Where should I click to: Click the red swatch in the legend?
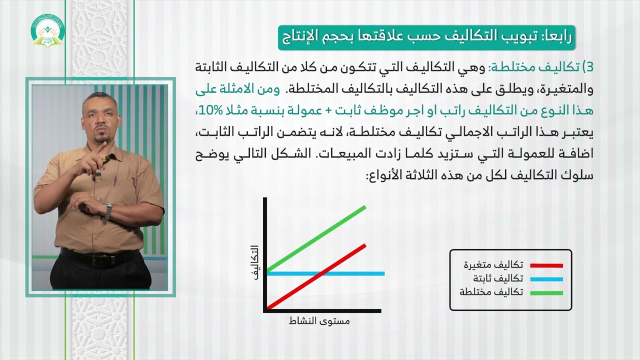tap(546, 265)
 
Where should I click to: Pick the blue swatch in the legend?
tap(546, 279)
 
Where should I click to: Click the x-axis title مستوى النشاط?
tap(319, 321)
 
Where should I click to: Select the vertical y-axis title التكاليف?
tap(255, 262)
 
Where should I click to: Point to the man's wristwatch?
tap(108, 210)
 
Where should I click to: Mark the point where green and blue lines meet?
tap(268, 273)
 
